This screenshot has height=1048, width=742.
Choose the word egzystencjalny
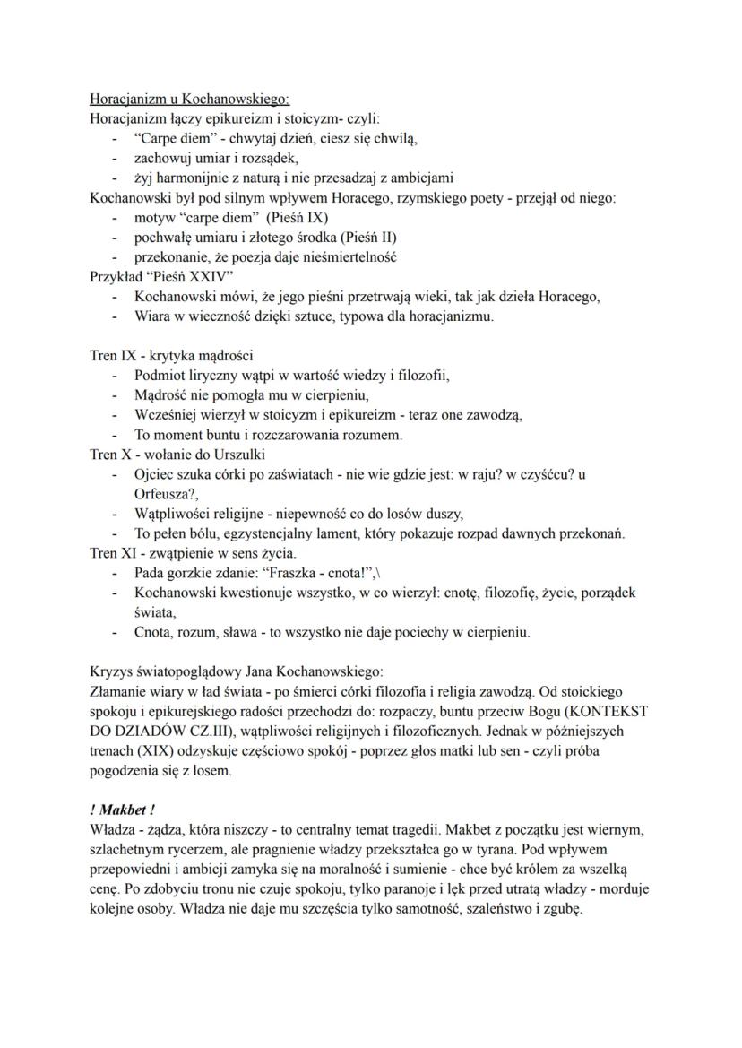tap(263, 533)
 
